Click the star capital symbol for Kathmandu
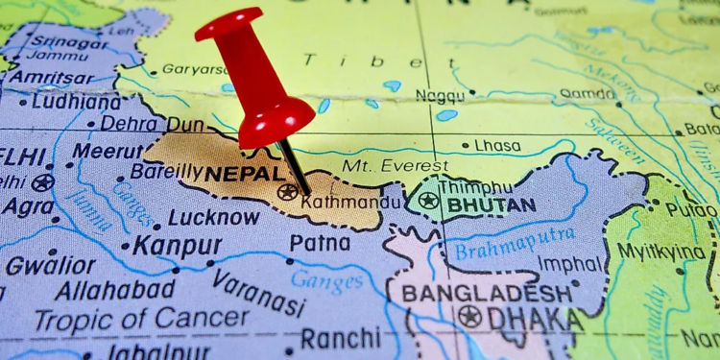click(x=287, y=192)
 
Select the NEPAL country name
click(x=245, y=174)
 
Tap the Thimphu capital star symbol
click(x=428, y=201)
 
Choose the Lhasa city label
click(x=497, y=145)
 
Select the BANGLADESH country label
click(x=487, y=293)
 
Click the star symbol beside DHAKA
click(x=469, y=317)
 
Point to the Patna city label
click(x=320, y=243)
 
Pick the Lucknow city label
click(x=213, y=217)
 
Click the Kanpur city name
click(x=170, y=245)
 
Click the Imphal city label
click(x=570, y=263)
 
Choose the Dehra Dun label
click(x=151, y=123)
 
